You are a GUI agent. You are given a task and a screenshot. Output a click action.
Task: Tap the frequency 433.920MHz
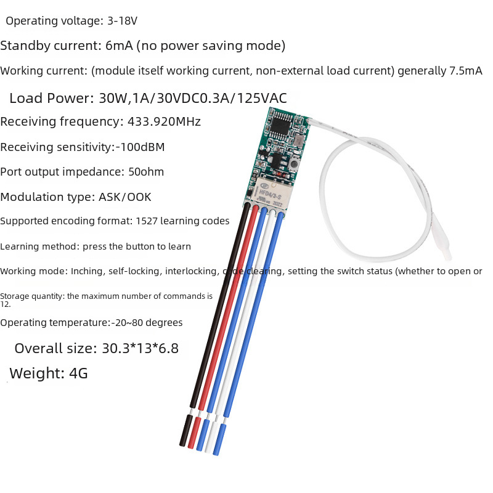(164, 121)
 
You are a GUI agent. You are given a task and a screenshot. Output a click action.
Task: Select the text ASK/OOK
(124, 197)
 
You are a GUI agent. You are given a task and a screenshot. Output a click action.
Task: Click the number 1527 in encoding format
(146, 221)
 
